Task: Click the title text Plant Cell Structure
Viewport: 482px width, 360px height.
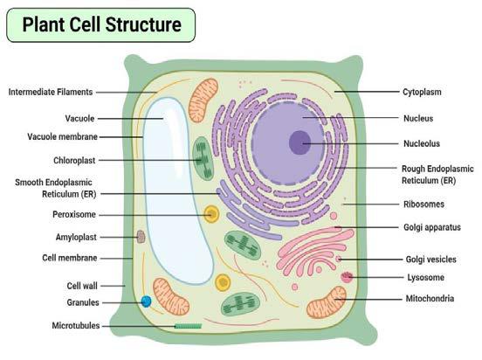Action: coord(101,24)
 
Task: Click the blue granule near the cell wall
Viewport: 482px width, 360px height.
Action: coord(147,301)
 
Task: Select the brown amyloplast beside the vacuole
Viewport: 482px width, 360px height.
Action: coord(140,236)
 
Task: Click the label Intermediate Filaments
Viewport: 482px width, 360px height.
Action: coord(51,92)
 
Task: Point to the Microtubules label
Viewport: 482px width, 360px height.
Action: coord(75,325)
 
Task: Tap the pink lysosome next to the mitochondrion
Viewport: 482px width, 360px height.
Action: coord(347,277)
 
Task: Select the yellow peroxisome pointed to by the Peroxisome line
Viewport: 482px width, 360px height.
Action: coord(210,213)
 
